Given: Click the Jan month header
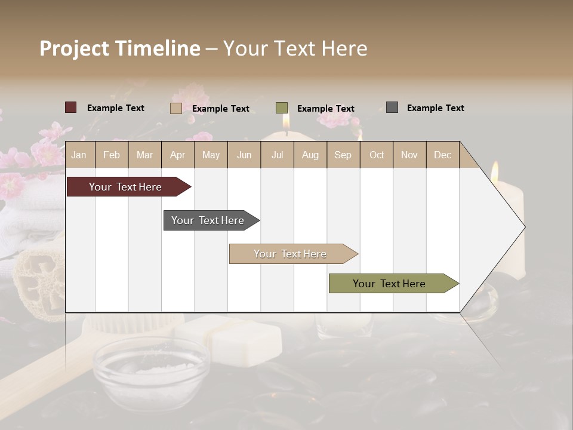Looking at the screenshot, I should pos(79,155).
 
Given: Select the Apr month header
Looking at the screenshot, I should pos(177,155).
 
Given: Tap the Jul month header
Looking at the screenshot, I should pos(277,155).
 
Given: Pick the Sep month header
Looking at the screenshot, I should pos(343,155).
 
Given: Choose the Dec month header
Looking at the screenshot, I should pos(442,155).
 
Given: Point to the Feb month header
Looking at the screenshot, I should pos(112,155).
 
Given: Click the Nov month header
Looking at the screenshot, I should pos(409,155).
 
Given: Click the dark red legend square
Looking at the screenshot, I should pos(71,107).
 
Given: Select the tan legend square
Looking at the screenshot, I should pos(176,108).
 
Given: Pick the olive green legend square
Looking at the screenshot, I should pos(282,108).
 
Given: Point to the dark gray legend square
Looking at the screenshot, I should pos(392,107).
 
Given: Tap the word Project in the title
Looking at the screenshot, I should pos(74,48).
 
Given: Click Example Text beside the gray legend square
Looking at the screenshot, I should pos(435,108).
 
